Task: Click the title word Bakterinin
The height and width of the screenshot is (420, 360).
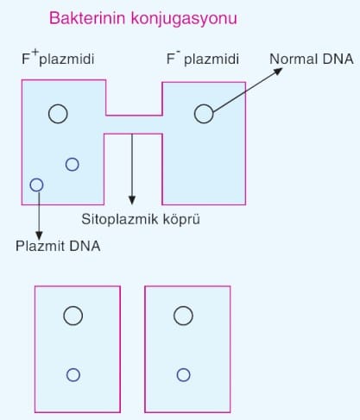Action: tap(87, 18)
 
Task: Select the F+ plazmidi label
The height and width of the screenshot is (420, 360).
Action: tap(58, 58)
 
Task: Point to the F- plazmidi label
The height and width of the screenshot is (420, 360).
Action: tap(203, 59)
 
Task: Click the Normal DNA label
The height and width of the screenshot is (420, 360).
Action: tap(312, 59)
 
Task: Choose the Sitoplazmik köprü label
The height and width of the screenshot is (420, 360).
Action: tap(141, 219)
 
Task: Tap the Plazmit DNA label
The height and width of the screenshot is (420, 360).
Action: tap(58, 246)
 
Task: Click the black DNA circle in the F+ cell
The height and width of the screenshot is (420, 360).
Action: tap(49, 114)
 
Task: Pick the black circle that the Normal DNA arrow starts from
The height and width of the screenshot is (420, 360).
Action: tap(195, 114)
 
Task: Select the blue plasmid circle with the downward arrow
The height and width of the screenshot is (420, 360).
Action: tap(30, 185)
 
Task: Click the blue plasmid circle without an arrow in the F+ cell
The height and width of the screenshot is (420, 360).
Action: tap(66, 165)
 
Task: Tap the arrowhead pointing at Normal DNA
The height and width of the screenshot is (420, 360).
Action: tap(278, 71)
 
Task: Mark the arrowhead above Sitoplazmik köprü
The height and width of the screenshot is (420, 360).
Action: tap(132, 200)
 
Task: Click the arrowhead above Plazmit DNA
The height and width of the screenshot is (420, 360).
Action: tap(39, 235)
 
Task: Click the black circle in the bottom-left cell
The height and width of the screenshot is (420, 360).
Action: tap(64, 316)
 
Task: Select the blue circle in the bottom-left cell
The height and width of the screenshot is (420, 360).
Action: tap(66, 375)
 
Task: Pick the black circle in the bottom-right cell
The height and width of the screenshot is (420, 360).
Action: tap(174, 316)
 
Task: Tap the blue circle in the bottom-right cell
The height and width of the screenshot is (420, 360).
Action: tap(177, 375)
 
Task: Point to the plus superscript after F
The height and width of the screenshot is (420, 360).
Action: tap(35, 53)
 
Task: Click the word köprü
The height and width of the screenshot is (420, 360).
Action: tap(181, 220)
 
